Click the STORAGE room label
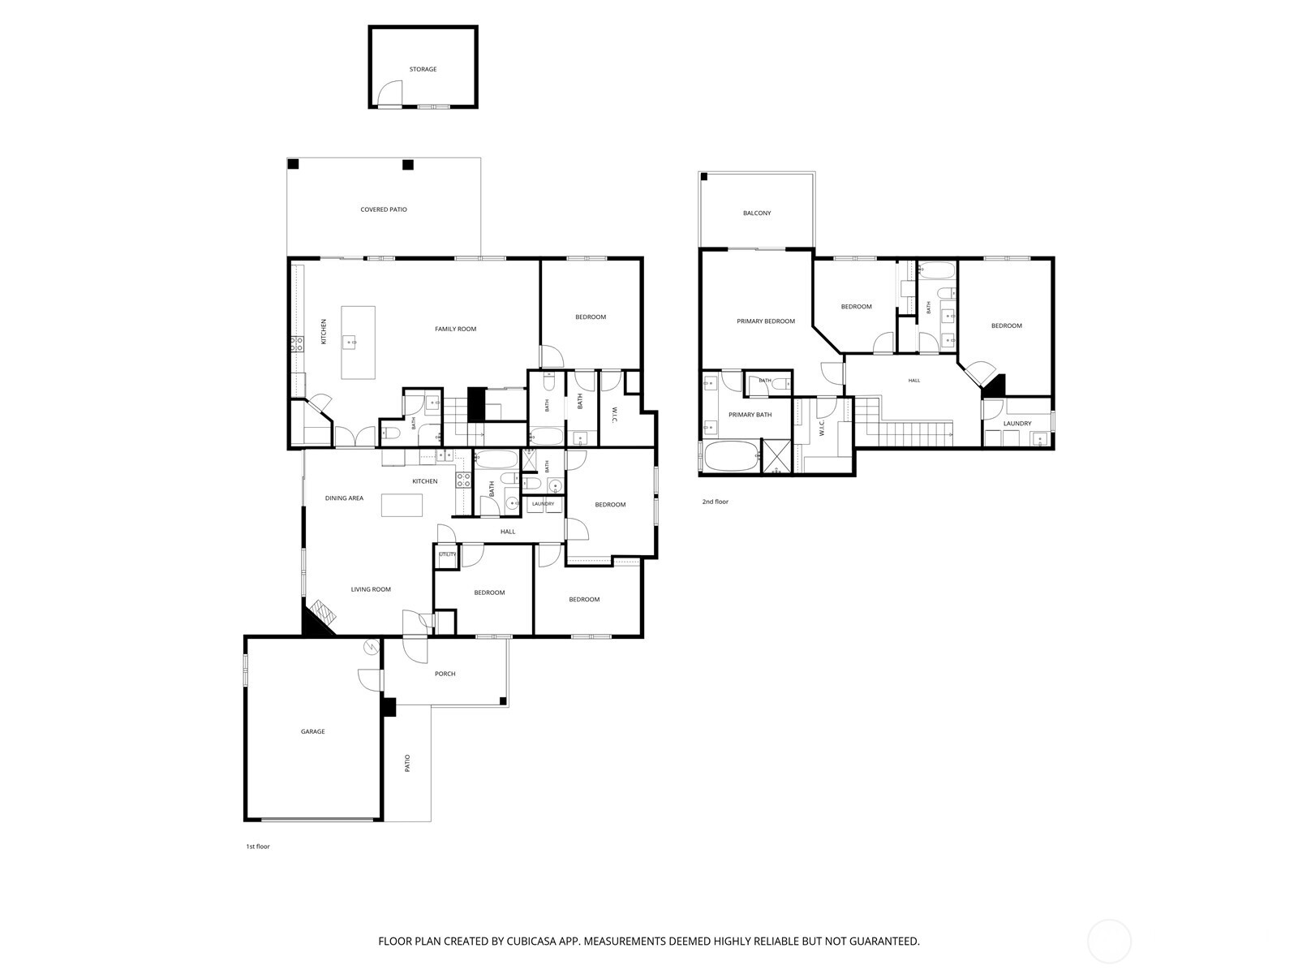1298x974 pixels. (x=423, y=69)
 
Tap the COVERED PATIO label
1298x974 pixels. (x=384, y=209)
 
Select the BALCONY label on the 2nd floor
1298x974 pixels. (x=757, y=213)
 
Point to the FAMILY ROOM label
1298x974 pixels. (x=455, y=329)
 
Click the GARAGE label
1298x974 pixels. (x=313, y=731)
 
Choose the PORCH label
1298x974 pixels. (x=445, y=674)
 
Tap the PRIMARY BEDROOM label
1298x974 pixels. (x=766, y=321)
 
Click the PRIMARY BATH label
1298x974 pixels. (x=750, y=415)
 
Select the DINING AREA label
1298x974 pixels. (x=344, y=498)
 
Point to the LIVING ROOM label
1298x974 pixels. (x=371, y=589)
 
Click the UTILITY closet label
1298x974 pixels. (x=448, y=554)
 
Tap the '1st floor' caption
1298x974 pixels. (x=258, y=847)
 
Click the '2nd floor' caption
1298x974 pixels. (x=715, y=502)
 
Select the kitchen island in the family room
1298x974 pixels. (x=358, y=343)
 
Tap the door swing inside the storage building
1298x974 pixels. (x=390, y=93)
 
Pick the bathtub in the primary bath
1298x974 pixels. (x=732, y=456)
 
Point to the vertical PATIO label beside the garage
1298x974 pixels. (x=407, y=764)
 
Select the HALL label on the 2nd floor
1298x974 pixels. (x=913, y=380)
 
